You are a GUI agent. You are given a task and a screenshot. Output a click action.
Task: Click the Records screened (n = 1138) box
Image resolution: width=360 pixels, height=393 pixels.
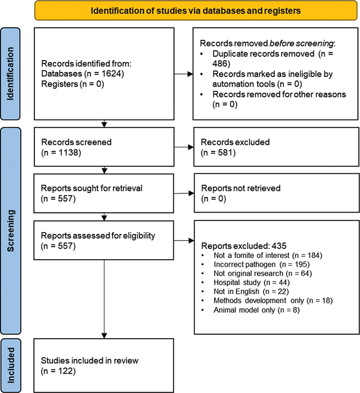click(104, 147)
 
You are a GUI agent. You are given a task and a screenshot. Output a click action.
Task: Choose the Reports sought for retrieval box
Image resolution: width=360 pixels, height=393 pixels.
click(104, 193)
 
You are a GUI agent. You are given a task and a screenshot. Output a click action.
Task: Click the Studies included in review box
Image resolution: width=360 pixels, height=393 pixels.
click(104, 365)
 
